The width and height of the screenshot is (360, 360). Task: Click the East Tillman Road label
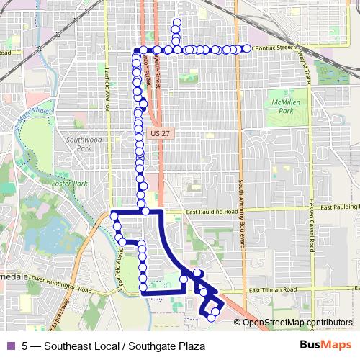[x=272, y=290]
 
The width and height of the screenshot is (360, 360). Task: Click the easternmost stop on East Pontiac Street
[x=247, y=48]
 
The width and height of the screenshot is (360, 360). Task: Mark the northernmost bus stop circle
[x=176, y=22]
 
